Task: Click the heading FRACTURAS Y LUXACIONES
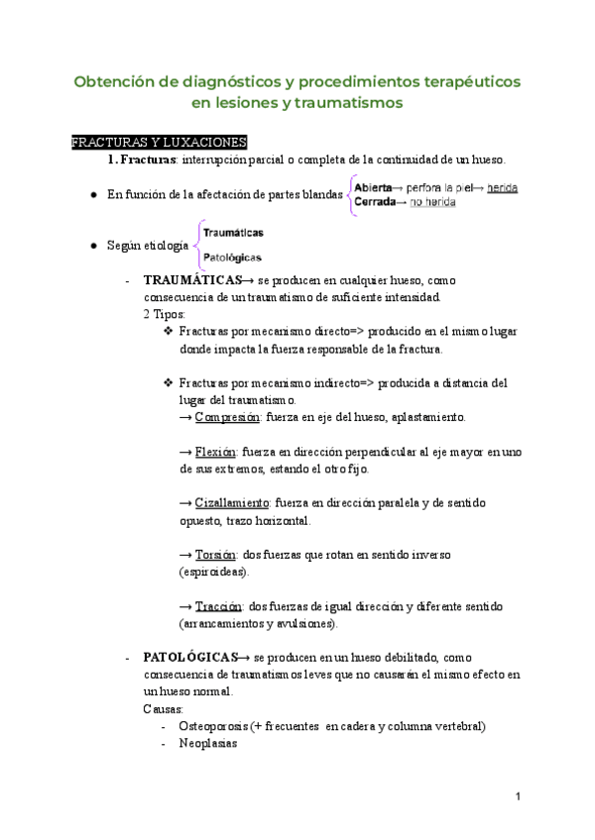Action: [159, 143]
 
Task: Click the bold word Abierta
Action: [373, 186]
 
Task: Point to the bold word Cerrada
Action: [375, 202]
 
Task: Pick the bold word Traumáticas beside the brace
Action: [233, 232]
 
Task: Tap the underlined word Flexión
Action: [214, 452]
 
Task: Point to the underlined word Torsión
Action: [215, 554]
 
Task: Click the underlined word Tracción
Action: [217, 605]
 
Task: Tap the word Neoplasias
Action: [207, 743]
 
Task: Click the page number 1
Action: [519, 795]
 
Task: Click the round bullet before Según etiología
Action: [93, 245]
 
